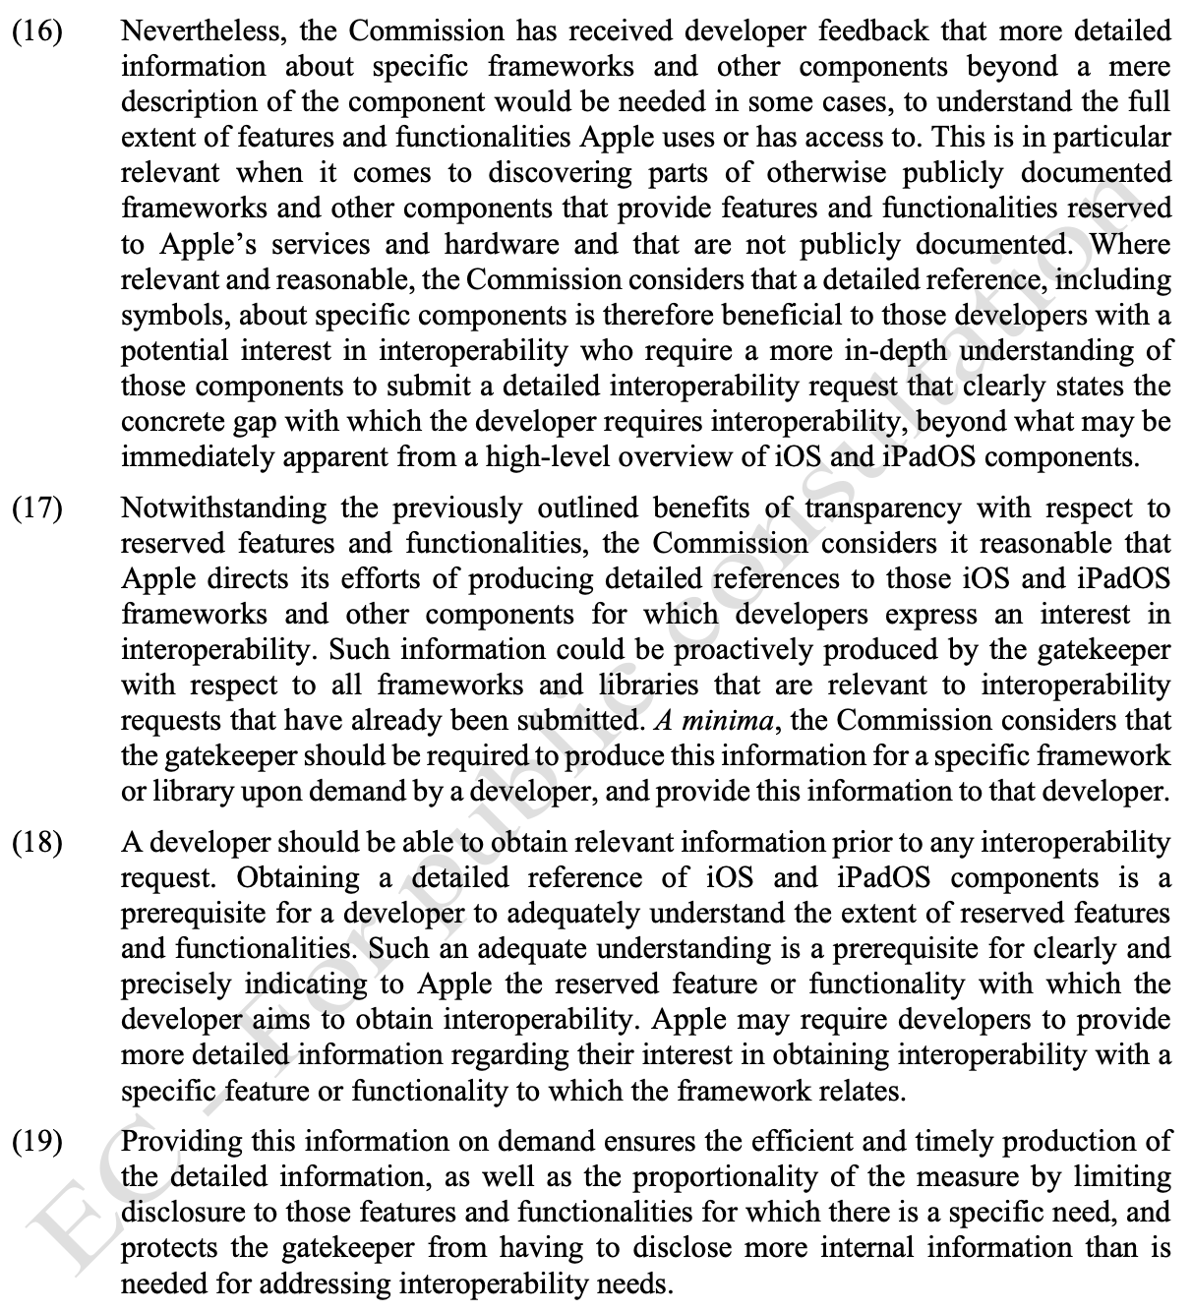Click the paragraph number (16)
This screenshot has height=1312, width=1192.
36,31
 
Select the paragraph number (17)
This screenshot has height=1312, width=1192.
36,508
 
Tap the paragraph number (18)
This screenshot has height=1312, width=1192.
36,843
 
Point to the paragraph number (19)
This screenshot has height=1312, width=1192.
36,1142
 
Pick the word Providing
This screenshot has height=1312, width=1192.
179,1142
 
